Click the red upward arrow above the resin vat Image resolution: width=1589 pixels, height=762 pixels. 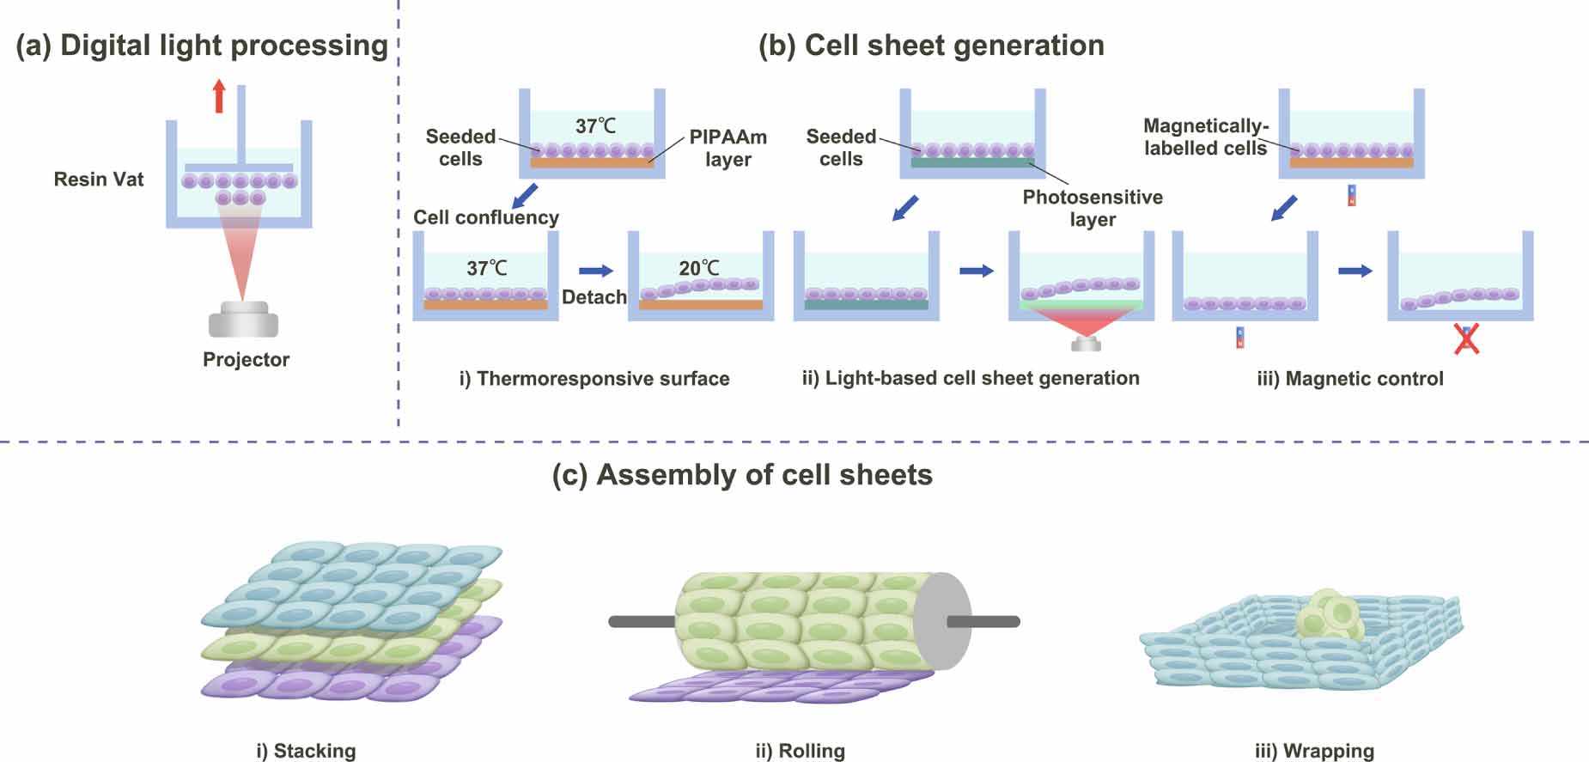(x=219, y=96)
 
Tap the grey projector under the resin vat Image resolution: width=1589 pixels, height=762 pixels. (x=243, y=320)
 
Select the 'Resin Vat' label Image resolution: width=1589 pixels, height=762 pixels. (x=99, y=180)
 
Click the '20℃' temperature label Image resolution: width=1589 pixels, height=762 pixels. (x=698, y=268)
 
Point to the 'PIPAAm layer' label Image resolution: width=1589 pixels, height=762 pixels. (x=728, y=148)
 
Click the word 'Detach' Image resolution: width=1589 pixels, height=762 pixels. (x=594, y=297)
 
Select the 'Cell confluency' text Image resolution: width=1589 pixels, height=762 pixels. (x=485, y=217)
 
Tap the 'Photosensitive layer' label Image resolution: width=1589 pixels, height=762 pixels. (x=1092, y=208)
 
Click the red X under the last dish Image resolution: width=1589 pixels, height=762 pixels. (x=1466, y=339)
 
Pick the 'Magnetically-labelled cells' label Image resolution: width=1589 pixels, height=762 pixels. (x=1205, y=137)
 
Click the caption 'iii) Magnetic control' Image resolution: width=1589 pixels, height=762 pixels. (x=1349, y=379)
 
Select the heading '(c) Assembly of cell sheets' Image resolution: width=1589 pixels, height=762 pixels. (x=742, y=475)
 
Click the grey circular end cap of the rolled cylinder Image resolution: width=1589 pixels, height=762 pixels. (x=941, y=621)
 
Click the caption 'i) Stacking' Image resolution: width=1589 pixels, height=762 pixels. (x=306, y=751)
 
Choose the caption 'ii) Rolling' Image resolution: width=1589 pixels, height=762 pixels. (x=800, y=751)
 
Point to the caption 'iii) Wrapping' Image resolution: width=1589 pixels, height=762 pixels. (x=1314, y=751)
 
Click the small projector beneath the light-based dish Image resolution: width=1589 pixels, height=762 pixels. (x=1087, y=344)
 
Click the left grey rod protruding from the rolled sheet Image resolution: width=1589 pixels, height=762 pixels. (x=642, y=621)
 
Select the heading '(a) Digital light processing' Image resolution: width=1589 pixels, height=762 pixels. (x=202, y=46)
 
